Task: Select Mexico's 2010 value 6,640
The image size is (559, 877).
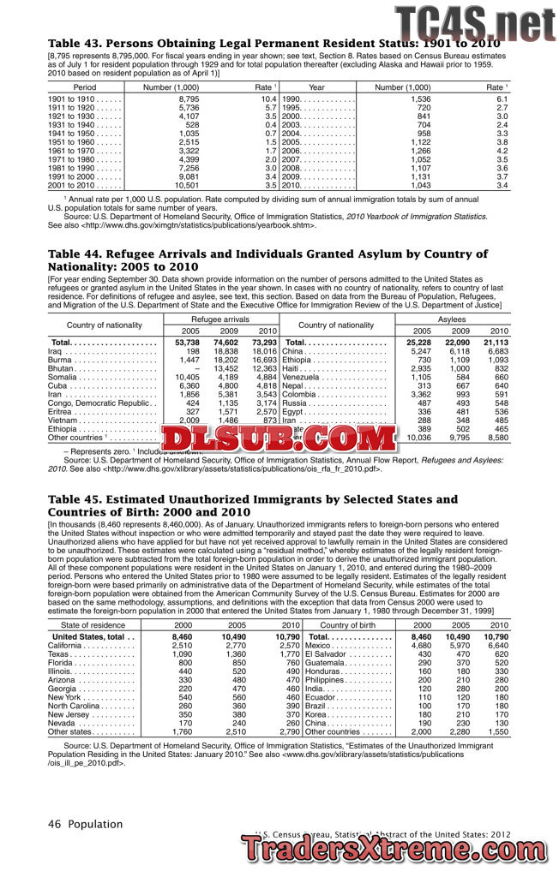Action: [496, 646]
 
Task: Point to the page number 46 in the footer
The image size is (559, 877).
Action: [53, 824]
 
